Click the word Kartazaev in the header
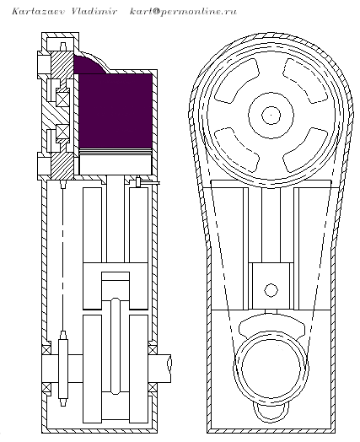click(39, 12)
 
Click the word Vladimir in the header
click(94, 11)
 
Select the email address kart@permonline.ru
click(183, 12)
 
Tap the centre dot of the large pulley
click(271, 115)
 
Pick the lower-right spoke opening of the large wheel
click(305, 150)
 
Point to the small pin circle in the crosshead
click(271, 290)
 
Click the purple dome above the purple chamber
click(89, 65)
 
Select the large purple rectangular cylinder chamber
click(116, 110)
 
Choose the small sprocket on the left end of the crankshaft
click(63, 368)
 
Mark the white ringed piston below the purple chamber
click(116, 162)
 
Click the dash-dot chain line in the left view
click(63, 259)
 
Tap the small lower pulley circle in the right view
click(271, 368)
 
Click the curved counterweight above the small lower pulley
click(271, 324)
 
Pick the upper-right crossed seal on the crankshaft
click(152, 349)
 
